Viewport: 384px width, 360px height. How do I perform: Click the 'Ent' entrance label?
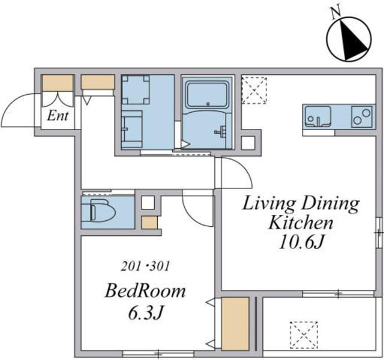pos(58,116)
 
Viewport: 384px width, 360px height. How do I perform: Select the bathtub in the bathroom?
pos(207,95)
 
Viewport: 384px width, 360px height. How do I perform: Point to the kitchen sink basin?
pos(317,117)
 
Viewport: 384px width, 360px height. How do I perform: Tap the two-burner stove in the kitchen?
pos(362,117)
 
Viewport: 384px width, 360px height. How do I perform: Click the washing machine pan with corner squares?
pos(136,89)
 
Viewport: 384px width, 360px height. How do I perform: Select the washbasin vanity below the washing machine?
pos(132,129)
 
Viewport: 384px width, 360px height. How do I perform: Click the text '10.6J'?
pos(302,242)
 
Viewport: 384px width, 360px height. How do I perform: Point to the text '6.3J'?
pos(145,313)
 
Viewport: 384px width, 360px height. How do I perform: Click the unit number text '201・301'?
pos(145,266)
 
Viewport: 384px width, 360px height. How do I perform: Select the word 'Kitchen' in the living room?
pos(301,223)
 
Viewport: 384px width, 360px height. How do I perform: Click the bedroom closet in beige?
pos(235,324)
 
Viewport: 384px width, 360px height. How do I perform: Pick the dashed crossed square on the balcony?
pos(304,335)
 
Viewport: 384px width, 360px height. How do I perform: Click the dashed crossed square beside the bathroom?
pos(254,91)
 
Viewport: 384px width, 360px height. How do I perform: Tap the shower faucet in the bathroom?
pos(220,131)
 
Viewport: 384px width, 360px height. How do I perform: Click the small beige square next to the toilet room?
pos(149,223)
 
